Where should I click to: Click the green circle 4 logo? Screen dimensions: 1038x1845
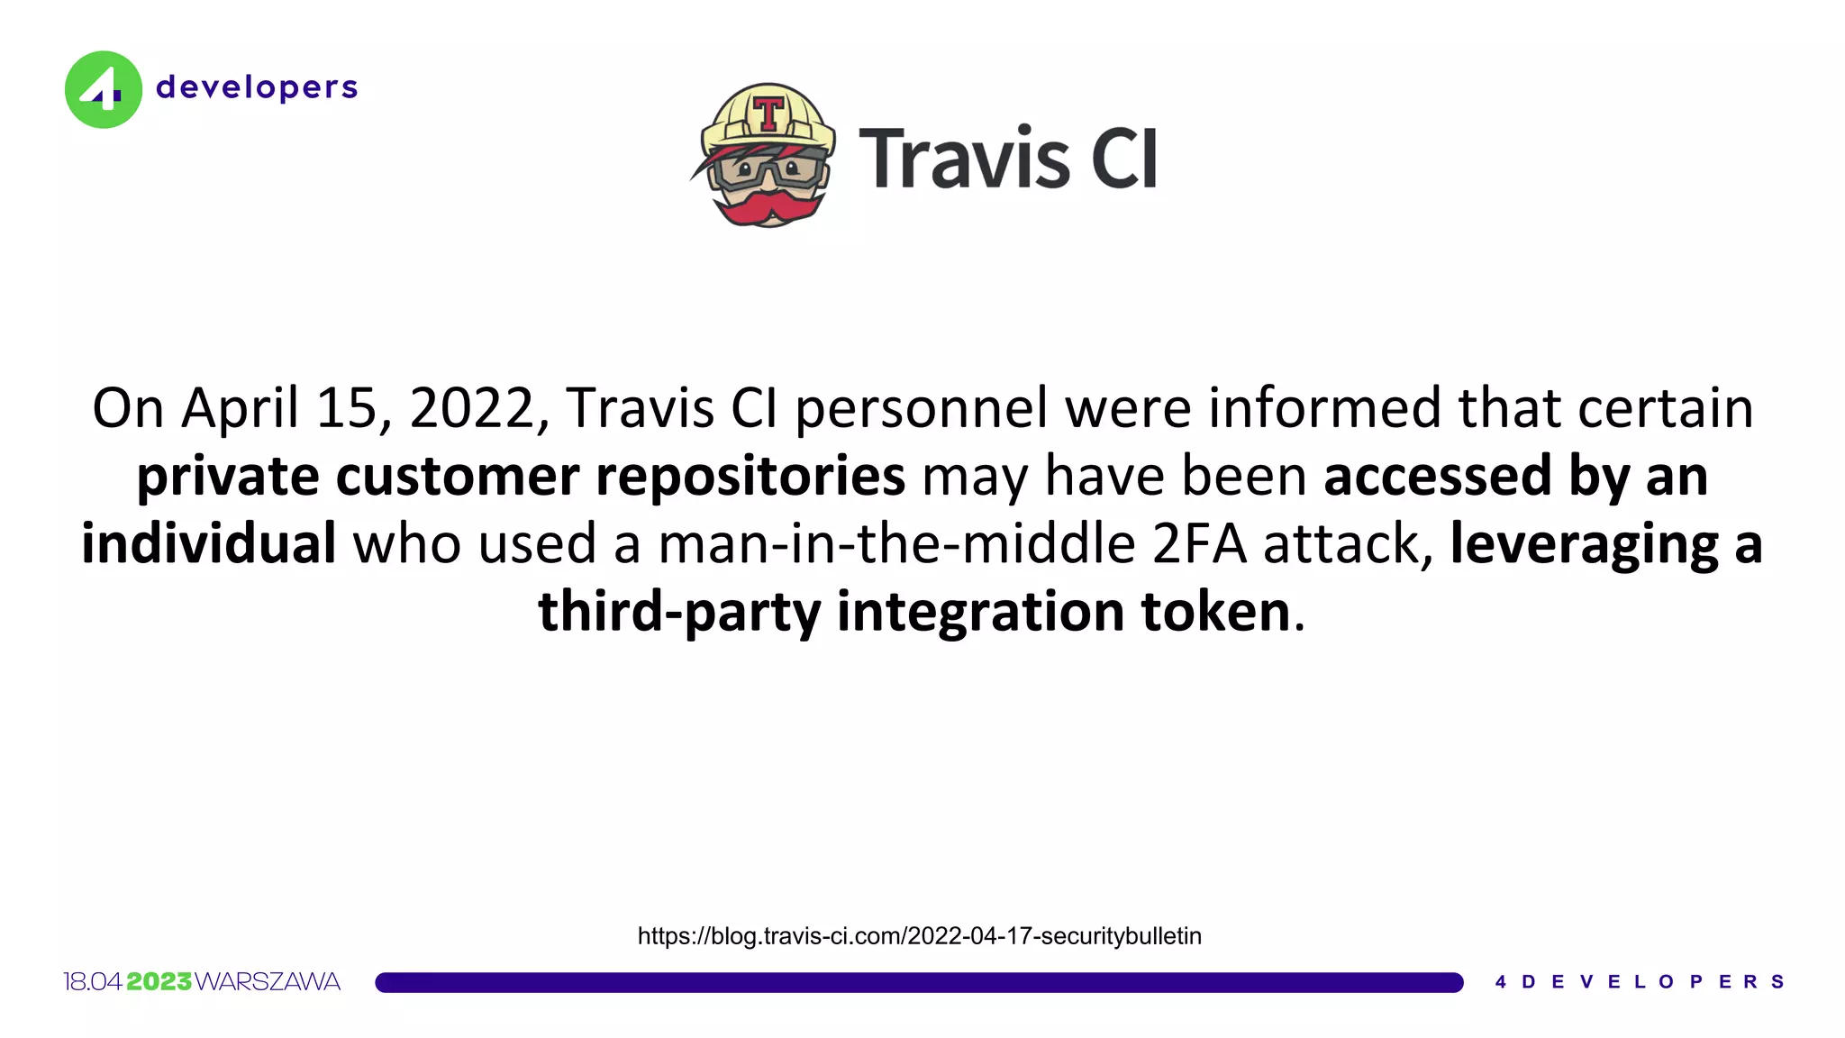pos(103,89)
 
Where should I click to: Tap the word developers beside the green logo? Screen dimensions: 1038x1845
pos(257,87)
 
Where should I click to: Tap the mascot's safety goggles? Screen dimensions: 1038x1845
pos(768,170)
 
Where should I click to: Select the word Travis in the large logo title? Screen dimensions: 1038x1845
pos(964,159)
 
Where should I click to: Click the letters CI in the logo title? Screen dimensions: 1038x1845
pos(1123,159)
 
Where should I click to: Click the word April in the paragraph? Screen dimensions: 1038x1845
pos(240,408)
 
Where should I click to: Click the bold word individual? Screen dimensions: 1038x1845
pos(209,543)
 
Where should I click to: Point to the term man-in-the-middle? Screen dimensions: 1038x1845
pos(896,543)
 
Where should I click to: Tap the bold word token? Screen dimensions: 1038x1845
pos(1215,611)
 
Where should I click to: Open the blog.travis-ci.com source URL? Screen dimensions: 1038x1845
pos(919,936)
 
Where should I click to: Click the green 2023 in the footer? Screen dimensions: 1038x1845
pos(159,982)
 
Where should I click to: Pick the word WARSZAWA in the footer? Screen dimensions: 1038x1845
pos(268,982)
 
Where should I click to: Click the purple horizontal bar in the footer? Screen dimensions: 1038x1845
pos(919,982)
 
